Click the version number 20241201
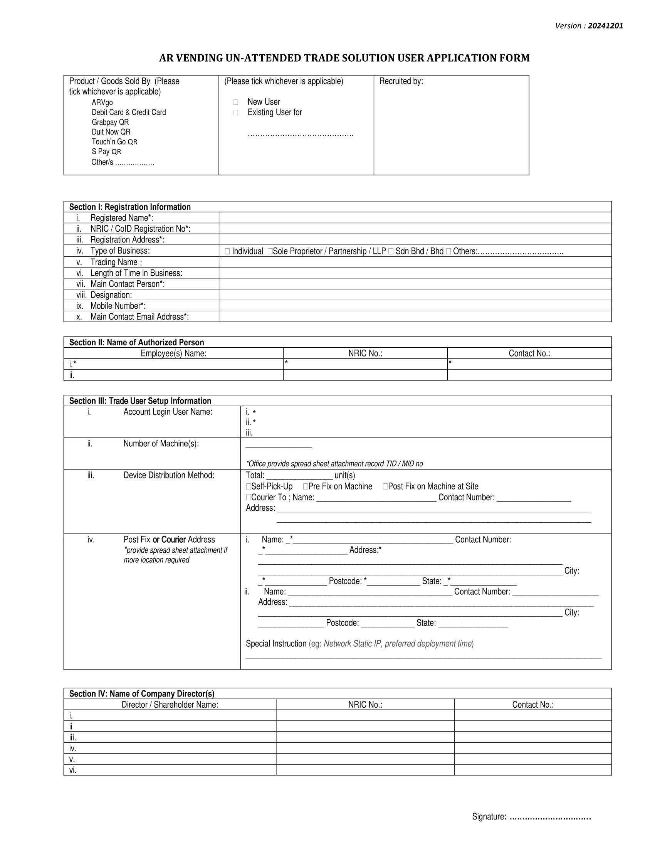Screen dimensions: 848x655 click(605, 26)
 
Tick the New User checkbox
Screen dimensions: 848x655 click(235, 102)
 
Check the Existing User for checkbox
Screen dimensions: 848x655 click(235, 113)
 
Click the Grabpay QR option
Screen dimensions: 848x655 click(110, 122)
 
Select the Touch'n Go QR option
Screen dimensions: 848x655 click(114, 142)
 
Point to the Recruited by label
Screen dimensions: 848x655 click(401, 81)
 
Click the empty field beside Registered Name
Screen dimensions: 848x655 click(415, 218)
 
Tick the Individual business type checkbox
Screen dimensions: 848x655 click(227, 252)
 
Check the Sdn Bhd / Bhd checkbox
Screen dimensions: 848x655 click(391, 252)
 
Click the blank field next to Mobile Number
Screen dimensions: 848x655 click(415, 306)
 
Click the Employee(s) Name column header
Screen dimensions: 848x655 click(173, 353)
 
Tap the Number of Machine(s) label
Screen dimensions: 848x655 click(161, 444)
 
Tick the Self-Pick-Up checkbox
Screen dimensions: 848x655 click(249, 487)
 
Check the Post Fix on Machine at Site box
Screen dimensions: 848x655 click(385, 487)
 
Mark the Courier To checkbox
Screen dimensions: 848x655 click(249, 498)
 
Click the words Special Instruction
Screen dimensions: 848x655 click(276, 644)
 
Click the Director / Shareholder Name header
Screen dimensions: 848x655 click(170, 705)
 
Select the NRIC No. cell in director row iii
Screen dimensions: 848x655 click(365, 737)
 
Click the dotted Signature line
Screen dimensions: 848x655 click(549, 816)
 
